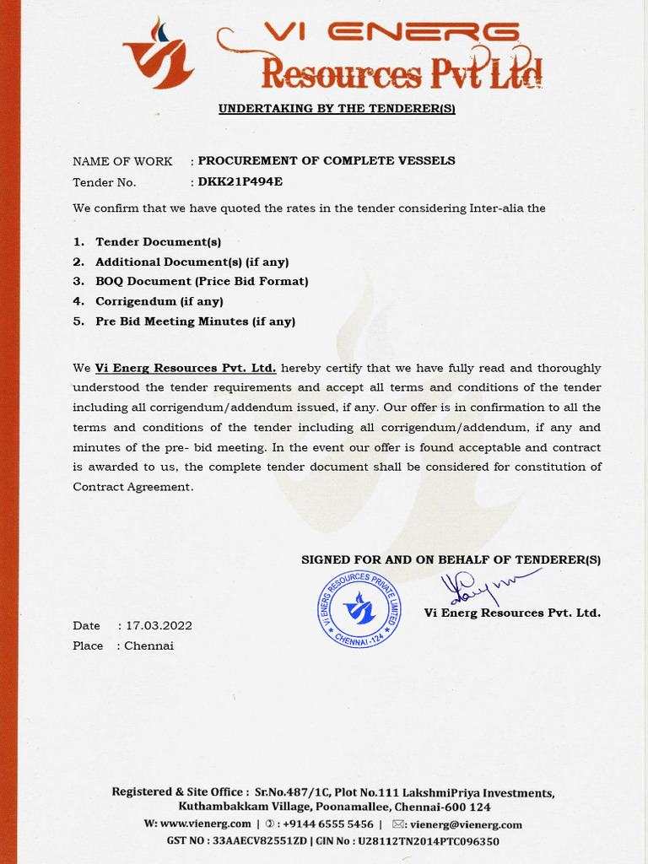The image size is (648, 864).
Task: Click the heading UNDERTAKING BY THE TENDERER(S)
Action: [x=337, y=109]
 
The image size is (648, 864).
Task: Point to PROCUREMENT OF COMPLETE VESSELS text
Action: [x=327, y=160]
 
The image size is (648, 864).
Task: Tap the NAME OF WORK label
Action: [x=122, y=161]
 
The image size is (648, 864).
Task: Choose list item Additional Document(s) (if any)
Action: [x=192, y=262]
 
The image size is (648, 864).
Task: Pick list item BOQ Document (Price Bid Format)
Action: [x=202, y=281]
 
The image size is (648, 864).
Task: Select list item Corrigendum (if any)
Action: [x=159, y=301]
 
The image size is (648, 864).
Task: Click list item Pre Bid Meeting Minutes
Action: [x=195, y=321]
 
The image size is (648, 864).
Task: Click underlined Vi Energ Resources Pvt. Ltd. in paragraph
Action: [x=186, y=368]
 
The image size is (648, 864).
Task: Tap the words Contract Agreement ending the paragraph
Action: [x=132, y=487]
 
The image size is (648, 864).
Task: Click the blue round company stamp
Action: [x=359, y=608]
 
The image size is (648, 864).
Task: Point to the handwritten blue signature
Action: [x=481, y=586]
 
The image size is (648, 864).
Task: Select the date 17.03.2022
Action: [x=159, y=626]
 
